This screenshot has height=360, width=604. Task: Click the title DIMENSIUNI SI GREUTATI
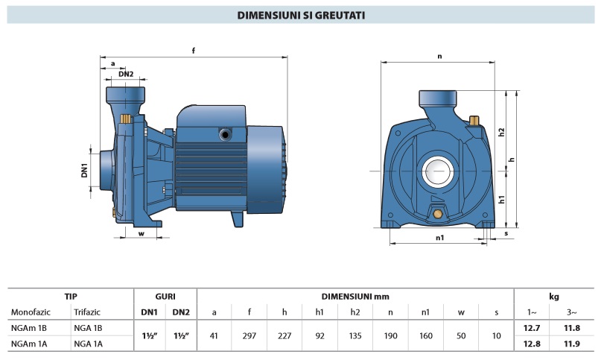tap(301, 14)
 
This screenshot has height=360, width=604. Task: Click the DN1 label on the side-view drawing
tap(85, 170)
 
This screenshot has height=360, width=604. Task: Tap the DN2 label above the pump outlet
tap(126, 74)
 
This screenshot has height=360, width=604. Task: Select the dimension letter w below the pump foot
tap(140, 233)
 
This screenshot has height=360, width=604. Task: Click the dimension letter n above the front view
tap(439, 56)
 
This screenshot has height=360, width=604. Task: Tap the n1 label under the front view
tap(439, 238)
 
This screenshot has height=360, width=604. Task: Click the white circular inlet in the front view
tap(438, 174)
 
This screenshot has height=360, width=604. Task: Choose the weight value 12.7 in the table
tap(532, 328)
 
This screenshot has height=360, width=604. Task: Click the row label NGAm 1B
tap(29, 328)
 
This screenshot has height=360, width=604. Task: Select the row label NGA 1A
tap(87, 344)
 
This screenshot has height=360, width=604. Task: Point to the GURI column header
tap(165, 296)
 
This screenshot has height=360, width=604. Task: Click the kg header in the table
tap(554, 296)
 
